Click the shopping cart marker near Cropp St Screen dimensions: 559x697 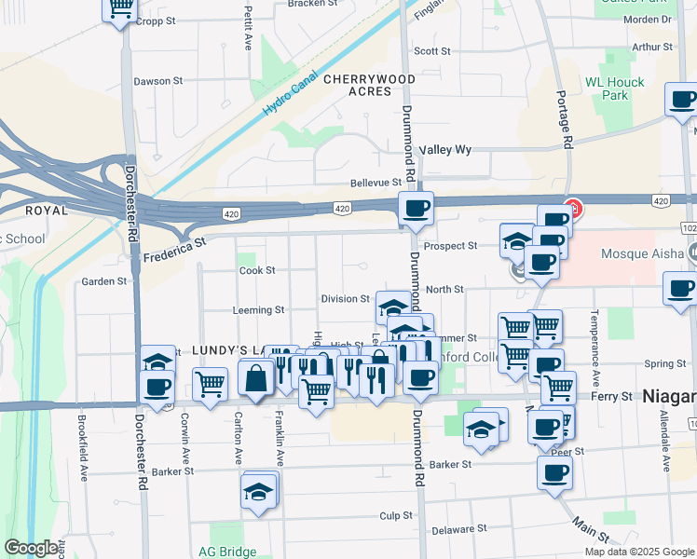(x=119, y=8)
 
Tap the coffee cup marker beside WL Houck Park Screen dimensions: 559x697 (x=681, y=99)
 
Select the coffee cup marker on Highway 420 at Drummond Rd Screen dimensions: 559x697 (x=416, y=208)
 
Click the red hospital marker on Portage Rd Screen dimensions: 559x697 (x=574, y=210)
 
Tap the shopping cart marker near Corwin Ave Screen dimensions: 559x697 (x=211, y=382)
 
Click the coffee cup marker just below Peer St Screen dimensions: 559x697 (x=554, y=471)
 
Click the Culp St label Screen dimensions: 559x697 (x=395, y=515)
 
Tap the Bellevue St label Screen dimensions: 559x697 (x=376, y=183)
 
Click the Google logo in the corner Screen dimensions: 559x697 (x=31, y=549)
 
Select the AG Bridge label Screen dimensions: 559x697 (x=225, y=552)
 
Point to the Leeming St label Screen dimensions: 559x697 (x=258, y=309)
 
